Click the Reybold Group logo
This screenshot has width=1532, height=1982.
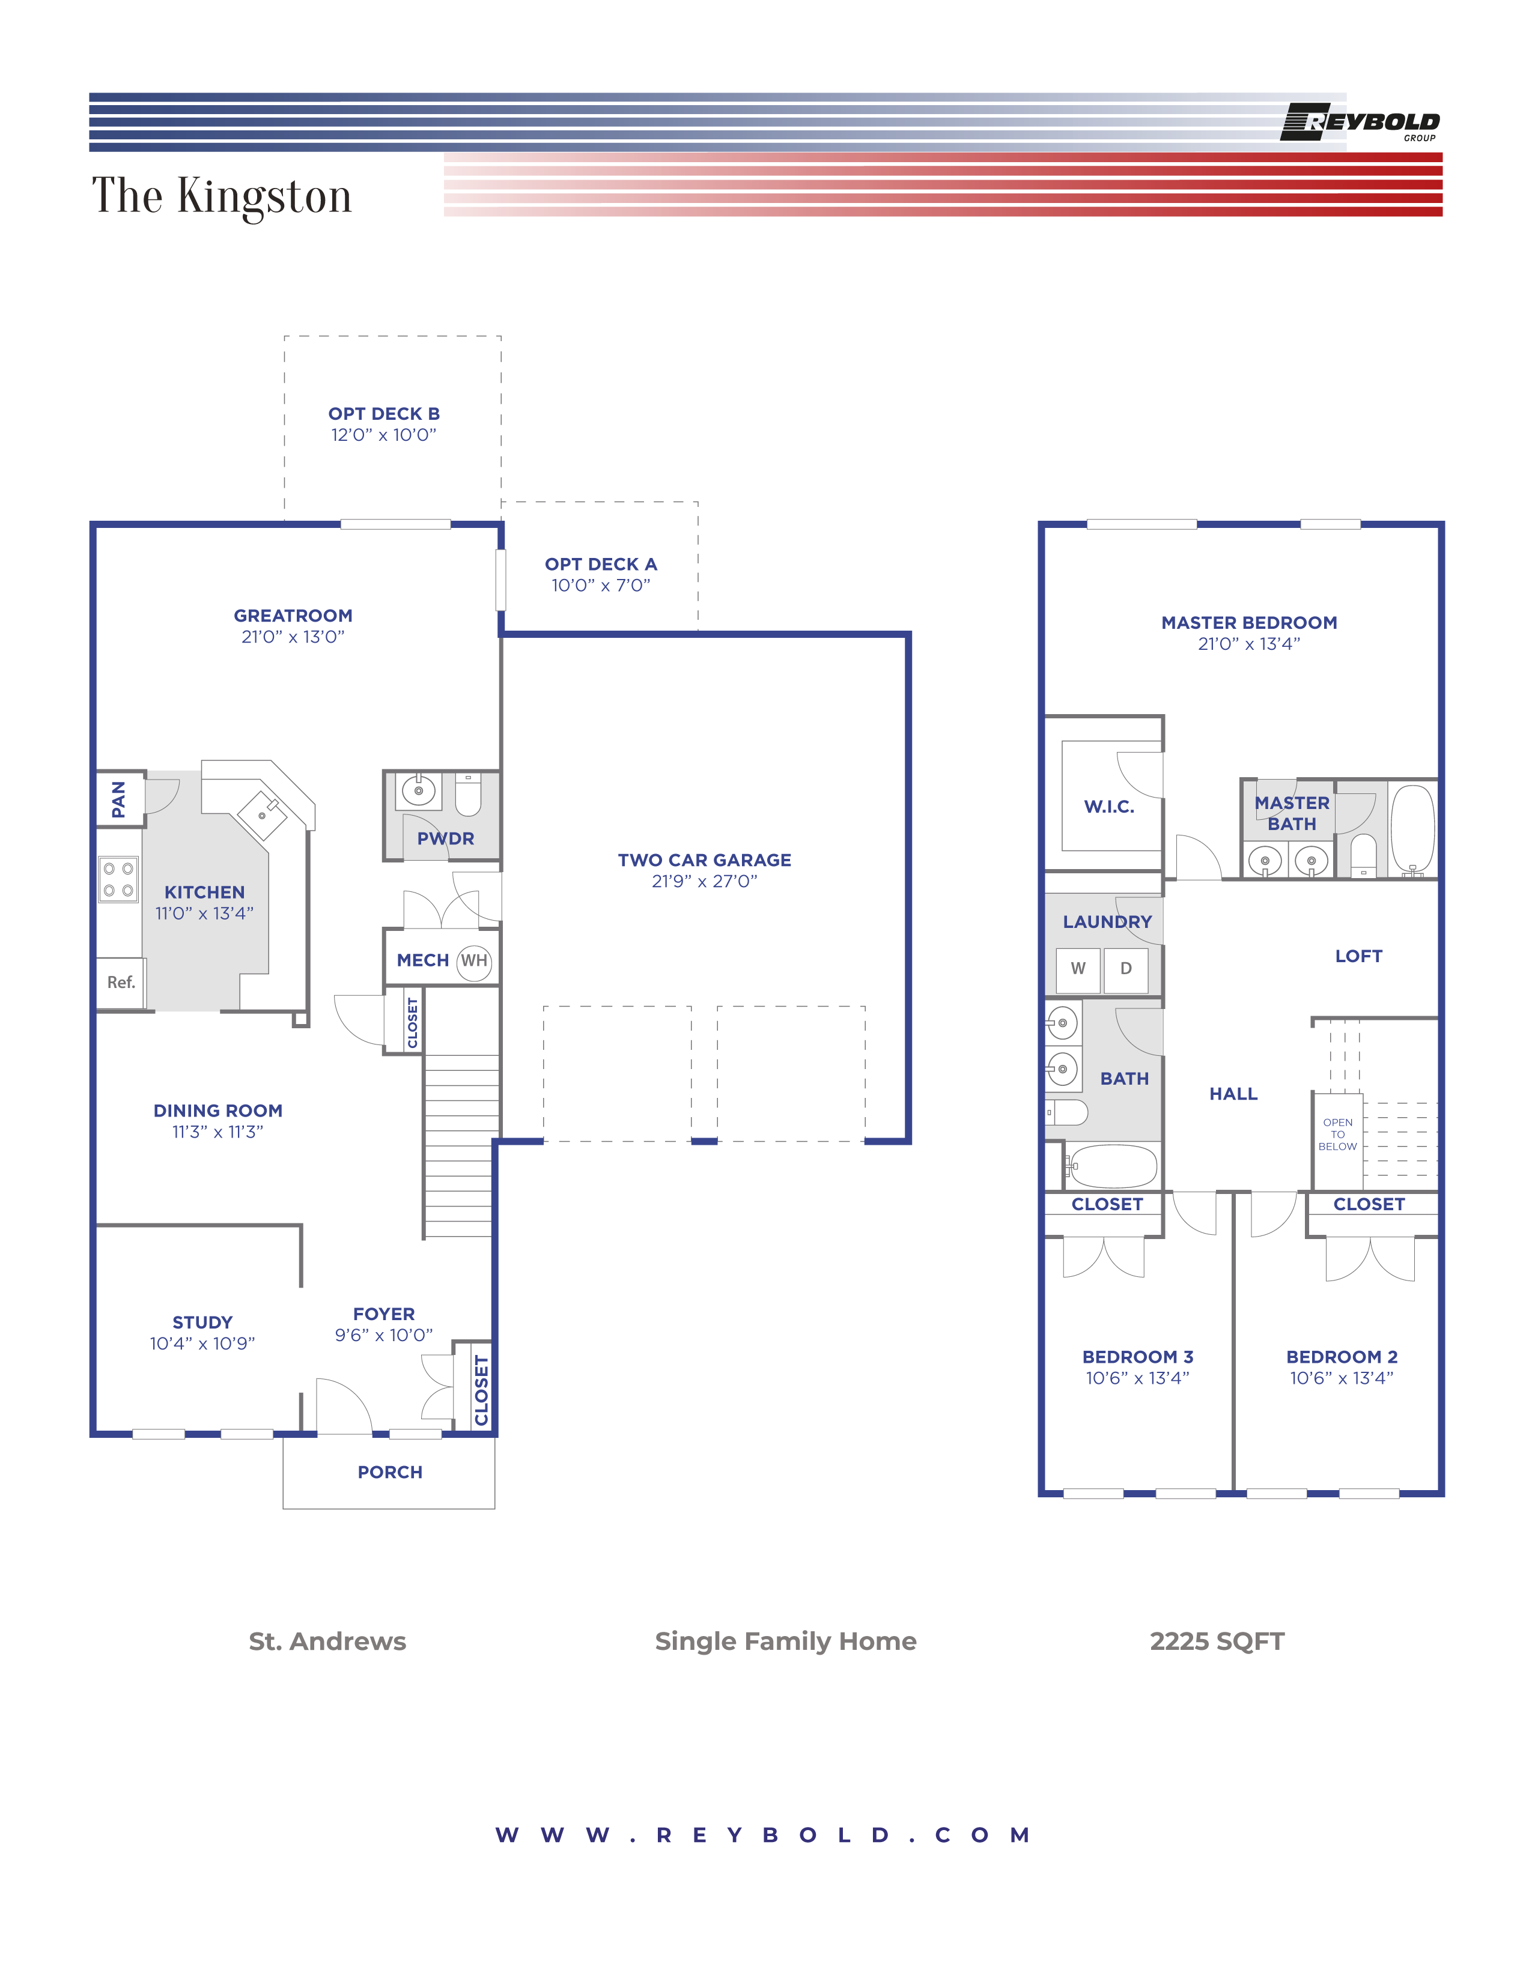[1360, 123]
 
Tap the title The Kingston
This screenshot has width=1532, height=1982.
[222, 196]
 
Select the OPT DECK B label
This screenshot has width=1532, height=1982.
[384, 414]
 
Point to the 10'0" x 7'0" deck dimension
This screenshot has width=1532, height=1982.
[601, 586]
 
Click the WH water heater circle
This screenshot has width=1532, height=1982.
[474, 961]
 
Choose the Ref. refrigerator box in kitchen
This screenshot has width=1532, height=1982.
[121, 983]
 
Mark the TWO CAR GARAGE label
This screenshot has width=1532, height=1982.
[704, 859]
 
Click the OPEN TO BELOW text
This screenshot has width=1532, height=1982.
[1338, 1135]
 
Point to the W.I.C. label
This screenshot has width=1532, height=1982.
[1109, 807]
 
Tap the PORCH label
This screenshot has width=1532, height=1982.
[391, 1472]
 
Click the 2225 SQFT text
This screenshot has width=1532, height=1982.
[1217, 1641]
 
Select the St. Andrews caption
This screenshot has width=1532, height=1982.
[327, 1641]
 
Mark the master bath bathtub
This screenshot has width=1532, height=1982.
[1412, 829]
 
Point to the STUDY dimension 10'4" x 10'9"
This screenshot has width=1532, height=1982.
[202, 1344]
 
